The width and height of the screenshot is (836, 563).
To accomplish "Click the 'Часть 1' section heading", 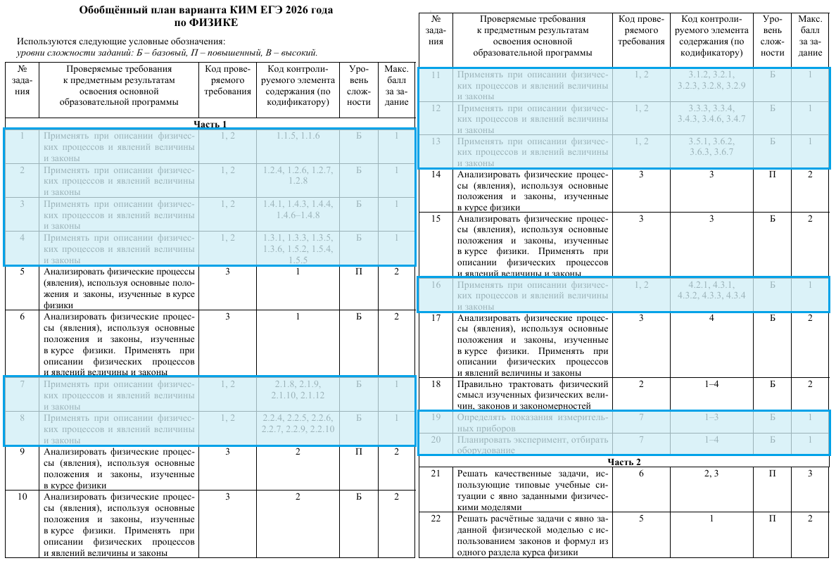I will click(x=210, y=124).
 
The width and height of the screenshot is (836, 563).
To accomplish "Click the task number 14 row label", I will click(x=436, y=175).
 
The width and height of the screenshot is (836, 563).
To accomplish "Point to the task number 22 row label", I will click(x=436, y=519).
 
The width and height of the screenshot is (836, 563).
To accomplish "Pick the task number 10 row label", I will click(x=22, y=497).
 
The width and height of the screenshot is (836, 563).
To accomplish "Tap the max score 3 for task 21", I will click(x=809, y=474).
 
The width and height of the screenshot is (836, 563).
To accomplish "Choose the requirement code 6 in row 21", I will click(x=640, y=474).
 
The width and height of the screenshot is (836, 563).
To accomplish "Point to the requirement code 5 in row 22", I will click(x=640, y=519).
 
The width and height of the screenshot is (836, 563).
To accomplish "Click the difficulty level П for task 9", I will click(x=358, y=452).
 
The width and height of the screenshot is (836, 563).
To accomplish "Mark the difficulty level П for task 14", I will click(x=772, y=175).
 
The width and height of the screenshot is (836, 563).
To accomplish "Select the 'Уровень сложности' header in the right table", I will click(x=772, y=36).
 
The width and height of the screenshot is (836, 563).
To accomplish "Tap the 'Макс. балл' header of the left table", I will click(x=396, y=85).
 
